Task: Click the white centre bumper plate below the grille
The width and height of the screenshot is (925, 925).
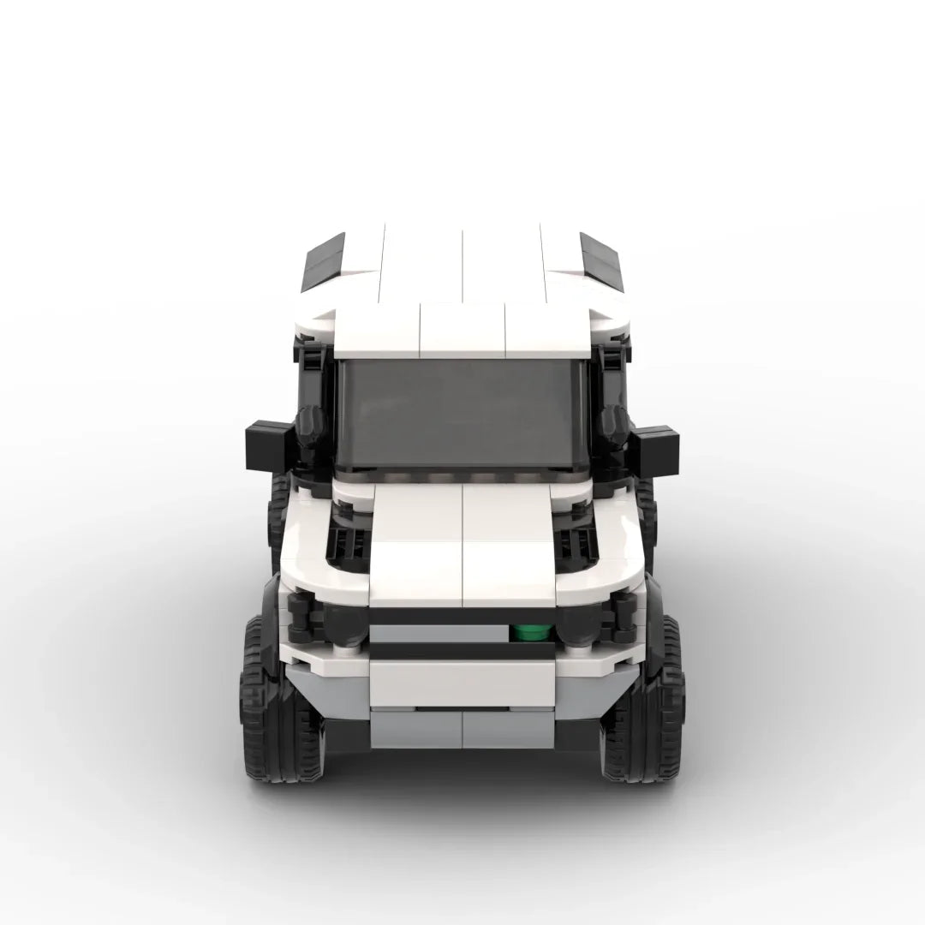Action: coord(462,683)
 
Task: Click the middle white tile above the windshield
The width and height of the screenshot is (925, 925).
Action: coord(462,330)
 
